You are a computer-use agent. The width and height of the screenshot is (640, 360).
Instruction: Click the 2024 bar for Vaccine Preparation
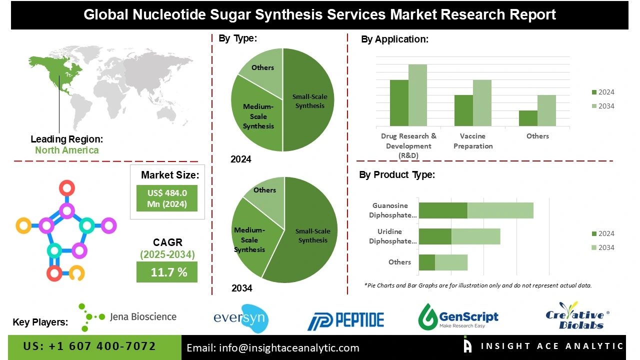pos(463,110)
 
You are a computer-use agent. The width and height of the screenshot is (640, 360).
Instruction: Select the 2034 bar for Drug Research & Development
pos(417,95)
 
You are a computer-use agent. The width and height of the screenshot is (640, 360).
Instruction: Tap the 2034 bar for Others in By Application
pos(546,110)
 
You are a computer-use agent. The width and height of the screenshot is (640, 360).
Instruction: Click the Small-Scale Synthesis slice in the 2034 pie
pos(310,235)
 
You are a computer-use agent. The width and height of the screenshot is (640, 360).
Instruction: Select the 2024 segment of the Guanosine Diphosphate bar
pos(442,210)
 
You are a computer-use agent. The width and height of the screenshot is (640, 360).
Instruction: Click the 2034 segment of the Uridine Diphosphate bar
pos(475,236)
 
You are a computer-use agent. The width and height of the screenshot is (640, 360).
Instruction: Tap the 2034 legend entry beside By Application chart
pos(602,106)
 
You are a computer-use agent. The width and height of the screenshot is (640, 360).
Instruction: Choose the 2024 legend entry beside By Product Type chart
pos(602,233)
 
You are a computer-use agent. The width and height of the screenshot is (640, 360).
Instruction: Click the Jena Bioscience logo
pos(128,316)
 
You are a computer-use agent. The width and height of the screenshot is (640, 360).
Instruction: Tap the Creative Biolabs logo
pos(577,316)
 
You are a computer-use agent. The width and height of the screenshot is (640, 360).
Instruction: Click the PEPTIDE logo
pos(345,320)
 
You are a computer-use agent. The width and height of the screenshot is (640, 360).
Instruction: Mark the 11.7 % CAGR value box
pos(167,272)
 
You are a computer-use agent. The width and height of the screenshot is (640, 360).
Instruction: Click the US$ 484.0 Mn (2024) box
pos(167,198)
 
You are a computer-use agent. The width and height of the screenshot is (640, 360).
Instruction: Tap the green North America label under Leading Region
pos(66,150)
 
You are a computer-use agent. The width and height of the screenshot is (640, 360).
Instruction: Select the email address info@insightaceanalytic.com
pos(272,348)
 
